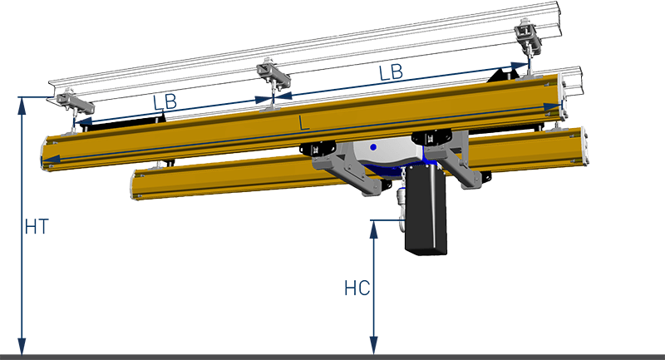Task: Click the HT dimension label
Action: click(37, 227)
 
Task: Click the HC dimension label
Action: click(357, 288)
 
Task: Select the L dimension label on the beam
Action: click(303, 123)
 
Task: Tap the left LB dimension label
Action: click(165, 102)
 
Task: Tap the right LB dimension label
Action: click(391, 72)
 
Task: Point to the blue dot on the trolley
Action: click(373, 147)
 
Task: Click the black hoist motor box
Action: click(426, 210)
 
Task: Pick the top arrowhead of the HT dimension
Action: click(22, 106)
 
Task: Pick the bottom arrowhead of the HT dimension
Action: click(22, 346)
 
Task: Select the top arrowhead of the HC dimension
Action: click(373, 229)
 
